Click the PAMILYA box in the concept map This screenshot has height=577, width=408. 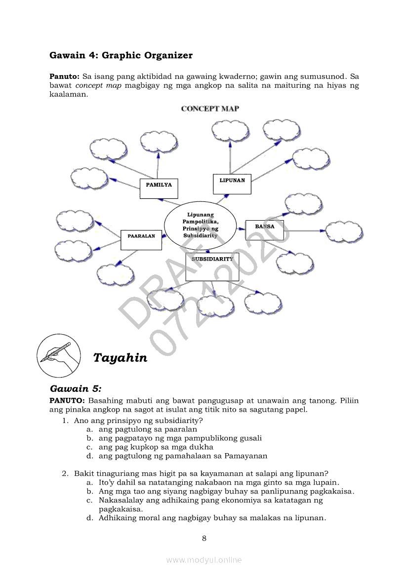pyautogui.click(x=159, y=188)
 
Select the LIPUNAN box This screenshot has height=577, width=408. pyautogui.click(x=232, y=184)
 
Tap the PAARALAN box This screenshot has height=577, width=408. pyautogui.click(x=141, y=240)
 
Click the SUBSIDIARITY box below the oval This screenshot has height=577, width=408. pyautogui.click(x=212, y=267)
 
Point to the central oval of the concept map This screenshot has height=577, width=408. pyautogui.click(x=200, y=226)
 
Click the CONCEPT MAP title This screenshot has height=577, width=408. pyautogui.click(x=210, y=109)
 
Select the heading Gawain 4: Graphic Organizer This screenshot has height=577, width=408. pyautogui.click(x=121, y=55)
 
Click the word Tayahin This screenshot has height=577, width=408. pyautogui.click(x=120, y=358)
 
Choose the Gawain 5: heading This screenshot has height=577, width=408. pyautogui.click(x=76, y=389)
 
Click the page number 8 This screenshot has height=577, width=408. pyautogui.click(x=204, y=538)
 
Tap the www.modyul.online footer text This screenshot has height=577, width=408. pyautogui.click(x=204, y=560)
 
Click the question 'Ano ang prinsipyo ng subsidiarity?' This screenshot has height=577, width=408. pyautogui.click(x=138, y=421)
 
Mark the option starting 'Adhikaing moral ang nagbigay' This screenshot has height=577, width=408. pyautogui.click(x=212, y=518)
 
